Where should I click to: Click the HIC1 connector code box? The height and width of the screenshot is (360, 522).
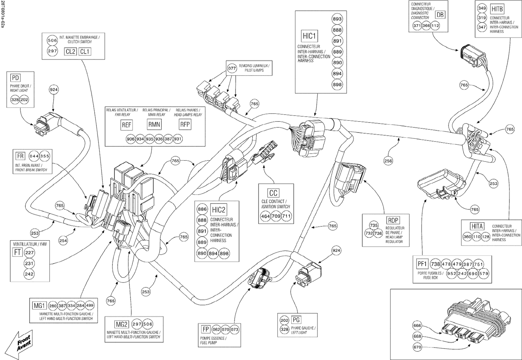(309, 36)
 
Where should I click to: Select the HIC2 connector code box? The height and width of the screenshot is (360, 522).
(219, 210)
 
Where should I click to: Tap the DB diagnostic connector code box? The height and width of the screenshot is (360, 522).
(440, 15)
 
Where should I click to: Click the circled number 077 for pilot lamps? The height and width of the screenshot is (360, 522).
(232, 68)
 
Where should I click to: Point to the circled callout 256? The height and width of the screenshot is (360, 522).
(388, 161)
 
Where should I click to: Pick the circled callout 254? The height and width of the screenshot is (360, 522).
(63, 240)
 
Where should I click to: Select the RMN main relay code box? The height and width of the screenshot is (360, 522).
(154, 125)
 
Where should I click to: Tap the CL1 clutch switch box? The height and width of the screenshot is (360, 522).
(85, 51)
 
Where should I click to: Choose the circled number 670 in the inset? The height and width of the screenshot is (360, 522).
(417, 347)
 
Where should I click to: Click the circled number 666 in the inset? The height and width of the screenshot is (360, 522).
(417, 326)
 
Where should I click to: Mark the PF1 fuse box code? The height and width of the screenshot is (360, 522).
(422, 264)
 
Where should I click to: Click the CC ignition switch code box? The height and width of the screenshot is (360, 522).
(274, 193)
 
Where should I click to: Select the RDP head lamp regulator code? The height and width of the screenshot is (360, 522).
(393, 220)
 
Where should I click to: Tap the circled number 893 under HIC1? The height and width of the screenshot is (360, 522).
(337, 19)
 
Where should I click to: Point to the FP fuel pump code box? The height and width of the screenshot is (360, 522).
(205, 329)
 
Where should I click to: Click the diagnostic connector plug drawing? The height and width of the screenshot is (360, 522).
(472, 56)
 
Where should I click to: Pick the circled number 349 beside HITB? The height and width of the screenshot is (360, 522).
(482, 8)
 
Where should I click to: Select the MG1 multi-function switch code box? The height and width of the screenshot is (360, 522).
(39, 306)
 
